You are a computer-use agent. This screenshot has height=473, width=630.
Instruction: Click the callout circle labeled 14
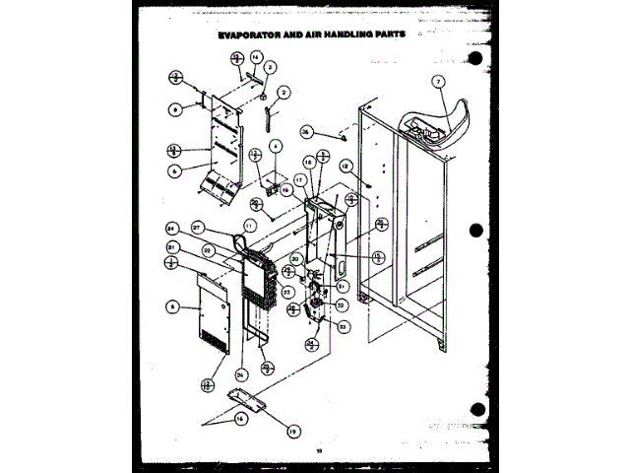[256, 57]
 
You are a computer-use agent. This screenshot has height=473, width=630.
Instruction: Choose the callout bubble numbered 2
[283, 92]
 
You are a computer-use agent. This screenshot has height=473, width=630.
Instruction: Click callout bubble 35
[306, 131]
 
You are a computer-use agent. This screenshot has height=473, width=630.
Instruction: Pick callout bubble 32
[340, 306]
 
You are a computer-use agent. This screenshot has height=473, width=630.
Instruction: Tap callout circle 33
[344, 325]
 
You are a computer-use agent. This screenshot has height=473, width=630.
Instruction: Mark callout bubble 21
[171, 246]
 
